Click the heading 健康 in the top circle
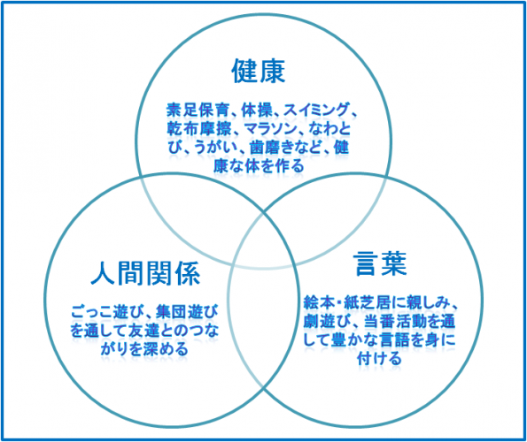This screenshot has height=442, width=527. pos(258,71)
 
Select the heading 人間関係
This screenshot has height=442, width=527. pos(145,273)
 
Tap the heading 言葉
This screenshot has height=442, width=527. pos(380,264)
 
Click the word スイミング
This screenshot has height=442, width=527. pos(315,110)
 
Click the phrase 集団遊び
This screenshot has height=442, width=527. pos(187,312)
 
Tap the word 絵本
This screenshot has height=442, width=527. pos(319,303)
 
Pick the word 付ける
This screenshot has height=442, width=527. pos(380,359)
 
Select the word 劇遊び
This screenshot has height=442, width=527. pos(325,322)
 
